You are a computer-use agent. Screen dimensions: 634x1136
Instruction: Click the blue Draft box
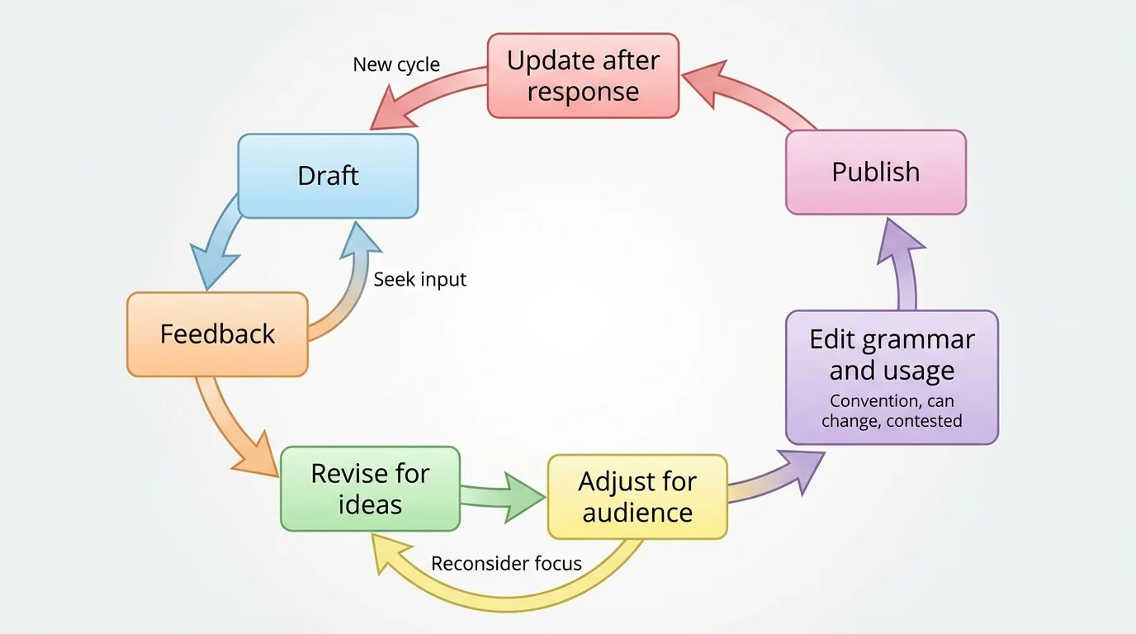(x=328, y=176)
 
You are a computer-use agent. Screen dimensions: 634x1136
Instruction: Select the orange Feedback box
(x=217, y=334)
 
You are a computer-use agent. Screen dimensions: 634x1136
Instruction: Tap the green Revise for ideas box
(x=370, y=489)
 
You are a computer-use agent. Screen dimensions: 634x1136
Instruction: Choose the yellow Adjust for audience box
(x=637, y=497)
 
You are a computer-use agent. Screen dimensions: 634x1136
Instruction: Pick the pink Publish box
(x=875, y=172)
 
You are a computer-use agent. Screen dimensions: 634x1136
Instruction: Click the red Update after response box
(x=583, y=75)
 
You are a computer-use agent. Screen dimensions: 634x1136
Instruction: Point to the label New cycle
(x=396, y=64)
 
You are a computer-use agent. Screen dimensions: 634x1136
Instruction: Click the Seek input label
(x=419, y=279)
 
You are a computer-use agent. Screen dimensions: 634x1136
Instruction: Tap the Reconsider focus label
(x=506, y=564)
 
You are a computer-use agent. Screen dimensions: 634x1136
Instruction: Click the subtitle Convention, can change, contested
(x=892, y=411)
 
